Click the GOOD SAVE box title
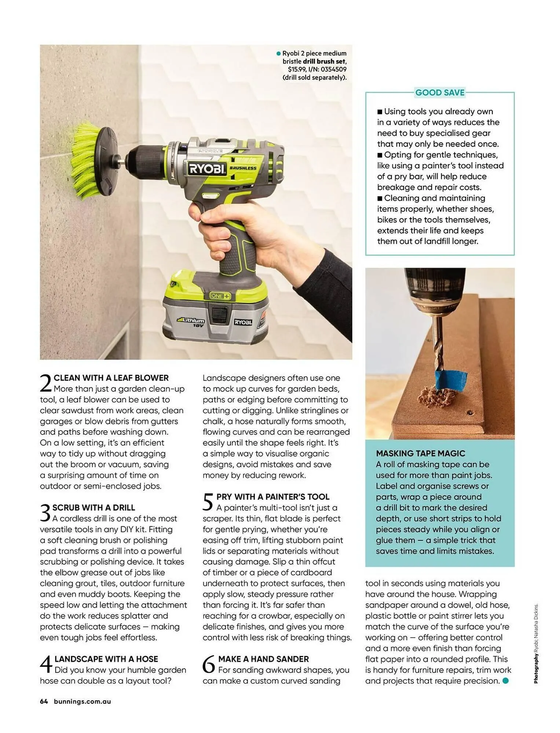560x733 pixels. [439, 93]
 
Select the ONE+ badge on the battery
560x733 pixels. [220, 296]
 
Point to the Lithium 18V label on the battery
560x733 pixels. [191, 322]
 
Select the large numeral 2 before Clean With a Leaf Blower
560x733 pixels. [46, 384]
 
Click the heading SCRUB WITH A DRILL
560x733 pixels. [94, 508]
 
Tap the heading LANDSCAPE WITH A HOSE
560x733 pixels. [106, 659]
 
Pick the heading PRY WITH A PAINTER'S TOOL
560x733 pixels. [272, 497]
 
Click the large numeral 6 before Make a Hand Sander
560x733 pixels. [209, 664]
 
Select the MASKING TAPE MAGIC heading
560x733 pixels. [420, 453]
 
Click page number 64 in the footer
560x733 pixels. [44, 701]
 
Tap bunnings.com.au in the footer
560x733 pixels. [82, 701]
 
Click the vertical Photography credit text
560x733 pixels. [536, 643]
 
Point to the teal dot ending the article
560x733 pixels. [505, 681]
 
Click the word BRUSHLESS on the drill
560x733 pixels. [243, 168]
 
